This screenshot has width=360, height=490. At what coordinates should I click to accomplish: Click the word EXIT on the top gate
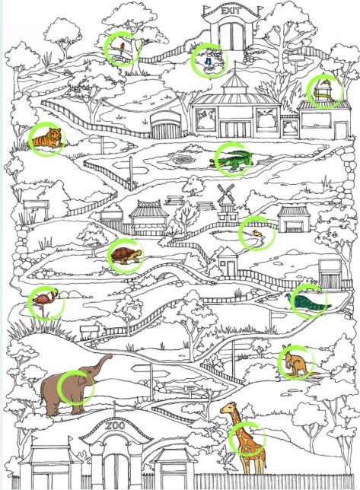point(231,11)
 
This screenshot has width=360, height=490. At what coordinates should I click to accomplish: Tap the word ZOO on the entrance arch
point(115,425)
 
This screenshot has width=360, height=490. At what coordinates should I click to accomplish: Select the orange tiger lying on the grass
point(47,138)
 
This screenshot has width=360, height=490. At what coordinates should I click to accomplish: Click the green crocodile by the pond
point(231,160)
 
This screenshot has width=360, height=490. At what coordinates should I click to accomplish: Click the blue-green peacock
point(307,301)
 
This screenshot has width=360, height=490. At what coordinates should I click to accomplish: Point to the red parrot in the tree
point(122,48)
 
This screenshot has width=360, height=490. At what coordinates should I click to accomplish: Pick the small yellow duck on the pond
point(257,233)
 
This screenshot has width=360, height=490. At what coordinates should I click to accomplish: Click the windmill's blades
point(225,193)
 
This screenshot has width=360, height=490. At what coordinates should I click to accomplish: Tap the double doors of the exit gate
point(231,36)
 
